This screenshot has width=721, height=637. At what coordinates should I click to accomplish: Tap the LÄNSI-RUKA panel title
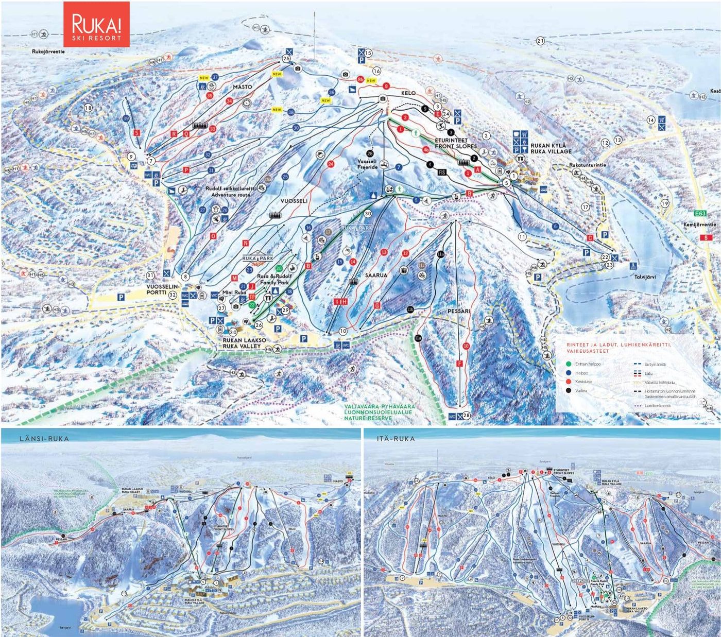(x=44, y=438)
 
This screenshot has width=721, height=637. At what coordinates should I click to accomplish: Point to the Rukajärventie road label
(x=48, y=51)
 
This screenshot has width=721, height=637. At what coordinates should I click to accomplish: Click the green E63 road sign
(x=699, y=214)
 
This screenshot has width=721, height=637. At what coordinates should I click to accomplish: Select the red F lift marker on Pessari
(x=458, y=364)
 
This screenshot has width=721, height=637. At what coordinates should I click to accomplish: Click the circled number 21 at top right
(x=540, y=41)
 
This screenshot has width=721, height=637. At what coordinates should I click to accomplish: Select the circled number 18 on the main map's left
(x=88, y=108)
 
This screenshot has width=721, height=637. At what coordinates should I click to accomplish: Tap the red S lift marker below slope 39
(x=137, y=132)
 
